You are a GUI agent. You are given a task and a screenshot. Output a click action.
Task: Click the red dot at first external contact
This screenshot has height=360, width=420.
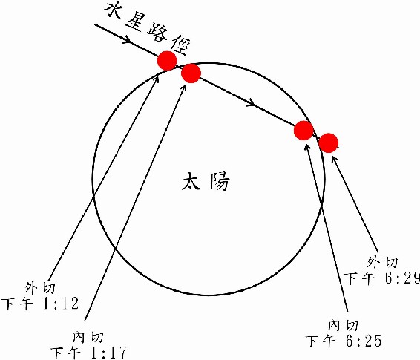(167, 61)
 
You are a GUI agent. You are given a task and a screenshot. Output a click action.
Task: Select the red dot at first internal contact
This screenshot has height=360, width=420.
(191, 73)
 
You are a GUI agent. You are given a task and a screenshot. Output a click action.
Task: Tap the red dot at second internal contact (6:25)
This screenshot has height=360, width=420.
(303, 131)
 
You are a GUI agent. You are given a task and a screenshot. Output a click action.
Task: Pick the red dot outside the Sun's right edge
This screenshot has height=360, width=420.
(329, 143)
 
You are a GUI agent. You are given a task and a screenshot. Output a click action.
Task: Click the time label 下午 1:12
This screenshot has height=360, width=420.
(40, 304)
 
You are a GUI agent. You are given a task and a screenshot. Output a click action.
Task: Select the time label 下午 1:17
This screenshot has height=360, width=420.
(88, 353)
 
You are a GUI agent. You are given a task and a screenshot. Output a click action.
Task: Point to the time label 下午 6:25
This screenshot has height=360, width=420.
(344, 341)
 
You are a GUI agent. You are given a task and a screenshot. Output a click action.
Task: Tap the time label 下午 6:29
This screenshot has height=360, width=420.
(382, 278)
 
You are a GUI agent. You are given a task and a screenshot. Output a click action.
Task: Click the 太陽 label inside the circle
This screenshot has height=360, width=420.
(206, 181)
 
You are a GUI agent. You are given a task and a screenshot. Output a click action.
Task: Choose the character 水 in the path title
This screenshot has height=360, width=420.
(113, 10)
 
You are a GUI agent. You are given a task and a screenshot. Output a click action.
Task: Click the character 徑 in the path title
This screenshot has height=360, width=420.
(180, 45)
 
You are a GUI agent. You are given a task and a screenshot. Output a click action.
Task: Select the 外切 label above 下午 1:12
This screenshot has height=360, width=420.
(41, 288)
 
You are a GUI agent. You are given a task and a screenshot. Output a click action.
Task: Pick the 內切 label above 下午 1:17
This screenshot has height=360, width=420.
(88, 337)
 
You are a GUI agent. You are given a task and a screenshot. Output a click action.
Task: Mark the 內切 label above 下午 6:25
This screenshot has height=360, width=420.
(344, 325)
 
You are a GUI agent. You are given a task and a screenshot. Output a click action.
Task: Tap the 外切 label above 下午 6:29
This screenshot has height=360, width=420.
(382, 262)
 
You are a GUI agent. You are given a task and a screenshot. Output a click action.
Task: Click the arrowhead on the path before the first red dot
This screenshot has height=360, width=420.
(127, 40)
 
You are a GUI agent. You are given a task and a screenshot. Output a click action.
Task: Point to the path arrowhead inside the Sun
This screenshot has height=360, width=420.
(251, 103)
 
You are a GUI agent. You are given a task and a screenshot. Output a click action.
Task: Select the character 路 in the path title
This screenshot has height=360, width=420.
(157, 34)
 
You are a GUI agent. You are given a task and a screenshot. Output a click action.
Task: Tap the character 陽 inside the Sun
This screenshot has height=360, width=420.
(220, 181)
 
